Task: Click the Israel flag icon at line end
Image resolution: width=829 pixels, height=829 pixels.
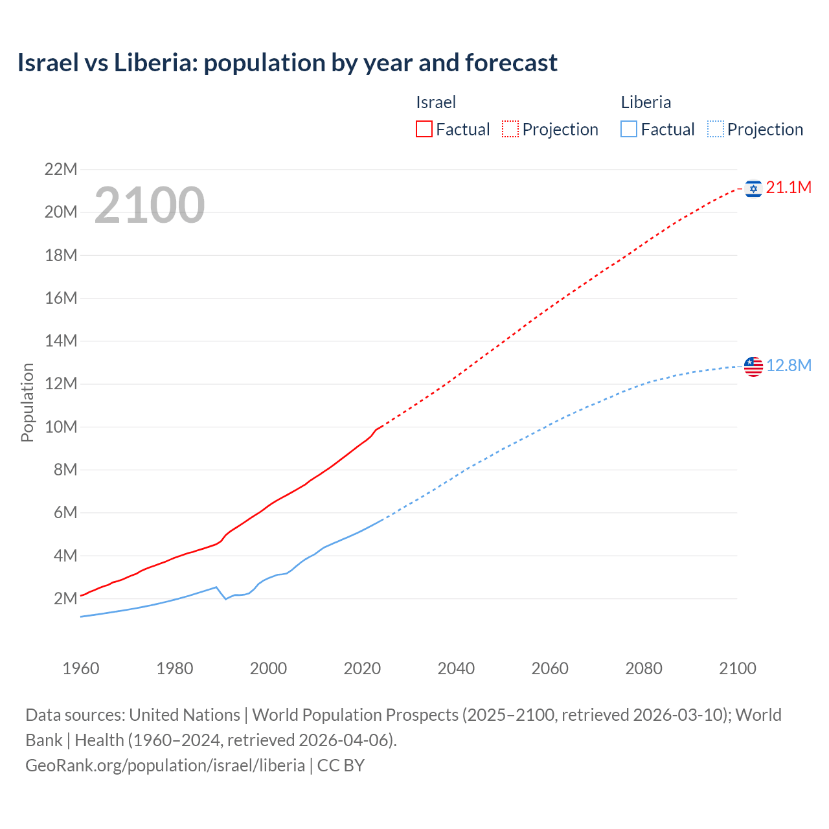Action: (753, 188)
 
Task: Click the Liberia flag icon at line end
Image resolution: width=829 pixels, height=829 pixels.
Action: (753, 367)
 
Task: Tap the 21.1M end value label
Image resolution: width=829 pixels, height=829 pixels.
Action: (788, 188)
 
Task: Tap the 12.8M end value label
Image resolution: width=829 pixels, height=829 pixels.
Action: (788, 366)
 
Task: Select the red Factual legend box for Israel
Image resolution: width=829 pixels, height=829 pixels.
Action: (424, 130)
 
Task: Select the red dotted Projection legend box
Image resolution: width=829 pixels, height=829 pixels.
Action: (510, 130)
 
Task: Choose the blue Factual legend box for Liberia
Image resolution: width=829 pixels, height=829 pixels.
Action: (629, 130)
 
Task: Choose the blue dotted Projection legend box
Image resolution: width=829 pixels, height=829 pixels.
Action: (716, 130)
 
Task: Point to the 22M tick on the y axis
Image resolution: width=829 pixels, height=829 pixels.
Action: (61, 170)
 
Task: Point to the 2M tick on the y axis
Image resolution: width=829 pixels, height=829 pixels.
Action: (65, 598)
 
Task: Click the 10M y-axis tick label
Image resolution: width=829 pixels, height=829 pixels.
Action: (61, 427)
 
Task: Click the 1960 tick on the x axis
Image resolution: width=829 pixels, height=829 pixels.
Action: (81, 668)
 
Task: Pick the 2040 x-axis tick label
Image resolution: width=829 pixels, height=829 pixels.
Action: (456, 668)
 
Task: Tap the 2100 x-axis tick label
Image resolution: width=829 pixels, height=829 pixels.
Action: (737, 668)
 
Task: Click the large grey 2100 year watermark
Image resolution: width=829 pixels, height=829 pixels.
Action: (150, 205)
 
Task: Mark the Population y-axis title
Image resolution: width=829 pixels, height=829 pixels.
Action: (27, 402)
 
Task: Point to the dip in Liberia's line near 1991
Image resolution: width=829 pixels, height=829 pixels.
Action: (226, 599)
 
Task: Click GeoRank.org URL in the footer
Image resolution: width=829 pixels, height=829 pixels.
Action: (165, 765)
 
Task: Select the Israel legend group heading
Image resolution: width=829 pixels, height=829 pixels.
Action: (436, 102)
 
